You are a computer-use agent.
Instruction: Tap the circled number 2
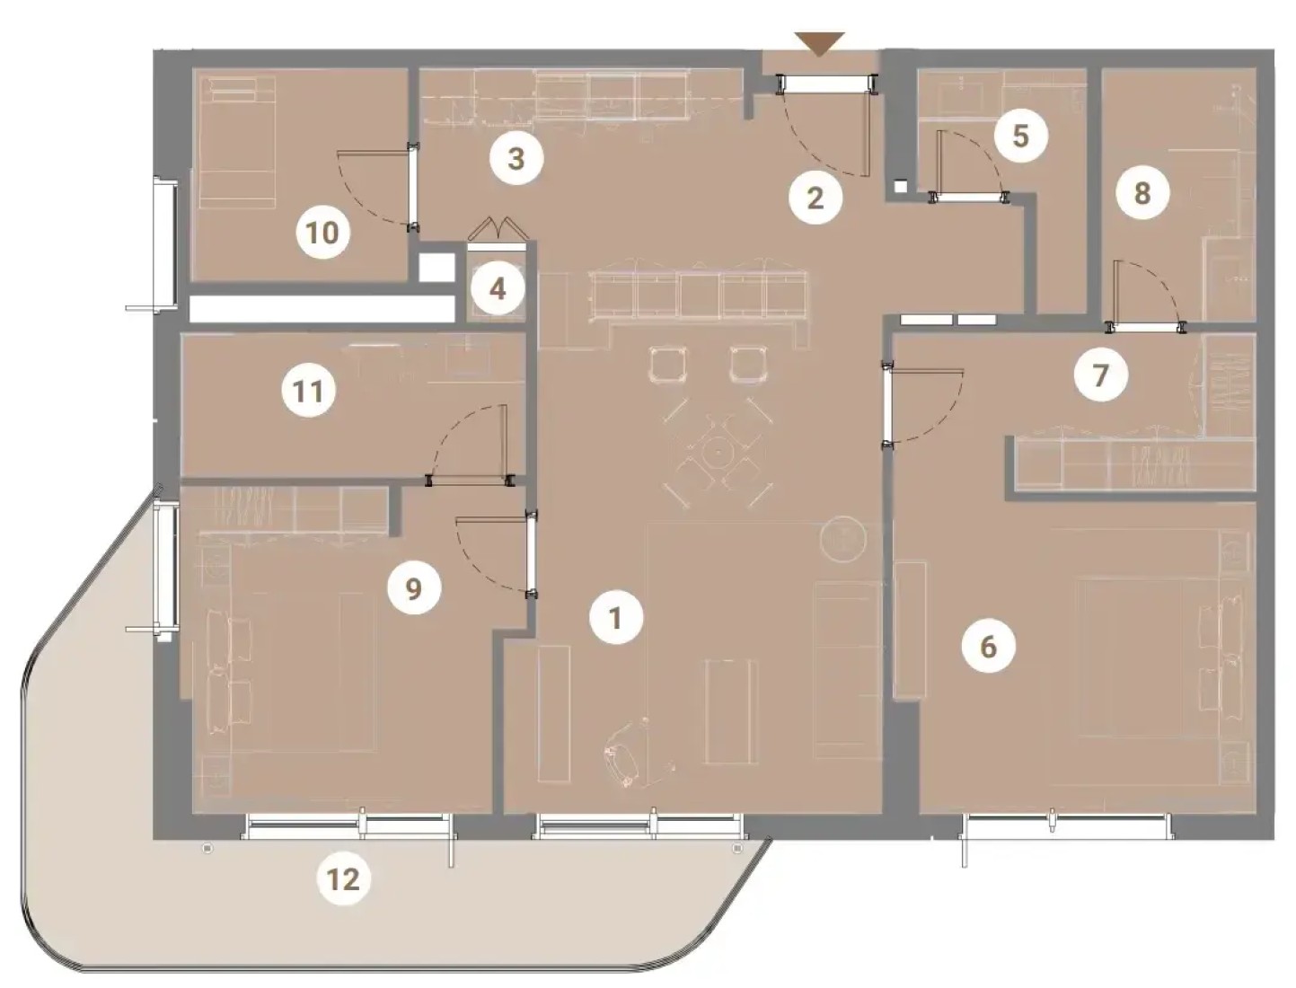click(815, 198)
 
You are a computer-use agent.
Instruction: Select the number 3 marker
click(516, 158)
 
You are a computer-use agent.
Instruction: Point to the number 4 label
click(498, 289)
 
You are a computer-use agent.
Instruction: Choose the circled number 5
click(1020, 136)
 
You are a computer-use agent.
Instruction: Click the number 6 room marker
click(988, 647)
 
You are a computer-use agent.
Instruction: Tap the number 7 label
click(1100, 375)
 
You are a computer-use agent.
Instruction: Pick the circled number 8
click(1142, 192)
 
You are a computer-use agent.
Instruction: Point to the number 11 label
click(308, 391)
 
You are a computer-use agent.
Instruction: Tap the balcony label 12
click(343, 878)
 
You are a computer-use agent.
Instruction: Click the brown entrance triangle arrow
click(819, 44)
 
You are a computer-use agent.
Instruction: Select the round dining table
click(718, 453)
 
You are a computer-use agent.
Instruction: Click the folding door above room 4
click(500, 229)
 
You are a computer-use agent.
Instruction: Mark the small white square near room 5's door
click(900, 186)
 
